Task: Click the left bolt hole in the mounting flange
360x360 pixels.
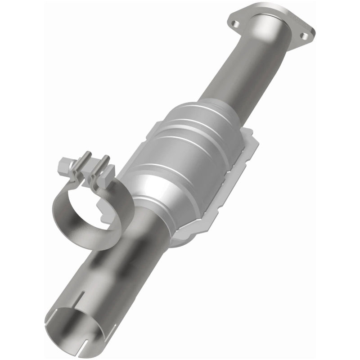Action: click(x=235, y=19)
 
